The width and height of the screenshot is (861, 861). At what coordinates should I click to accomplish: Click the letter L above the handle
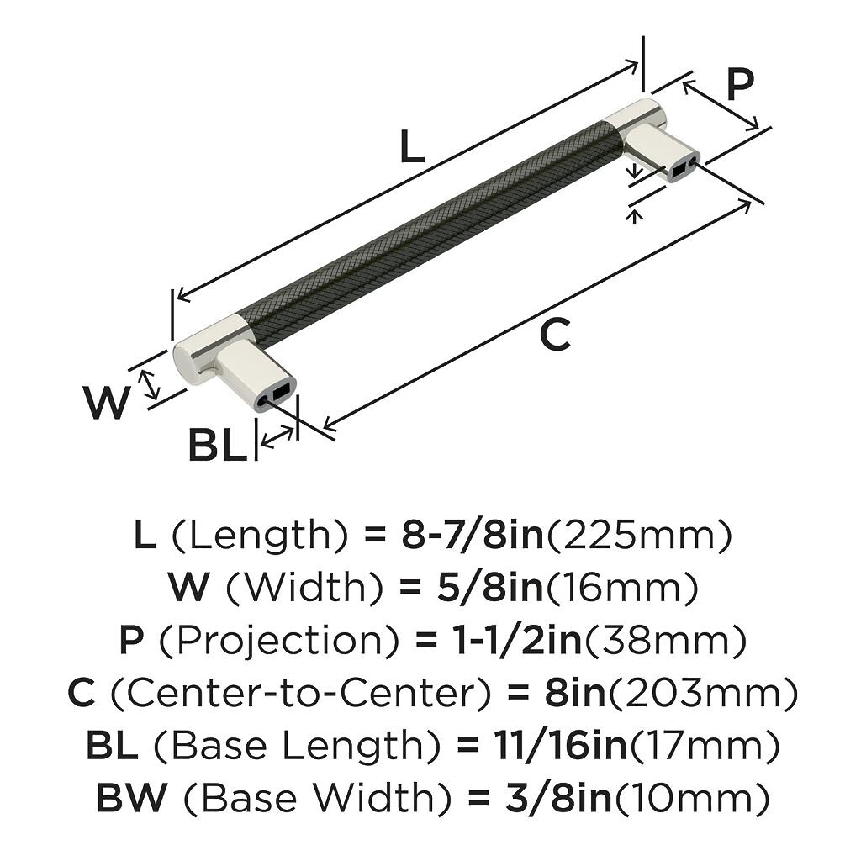[412, 149]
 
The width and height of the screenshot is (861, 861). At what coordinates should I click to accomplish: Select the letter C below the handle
[555, 335]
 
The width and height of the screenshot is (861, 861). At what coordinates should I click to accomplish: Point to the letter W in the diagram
[107, 404]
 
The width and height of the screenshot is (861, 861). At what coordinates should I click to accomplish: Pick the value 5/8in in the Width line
[473, 588]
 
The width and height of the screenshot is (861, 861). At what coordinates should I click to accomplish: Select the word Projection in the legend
[278, 642]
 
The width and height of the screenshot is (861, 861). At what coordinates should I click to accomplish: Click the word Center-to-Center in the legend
[300, 694]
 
